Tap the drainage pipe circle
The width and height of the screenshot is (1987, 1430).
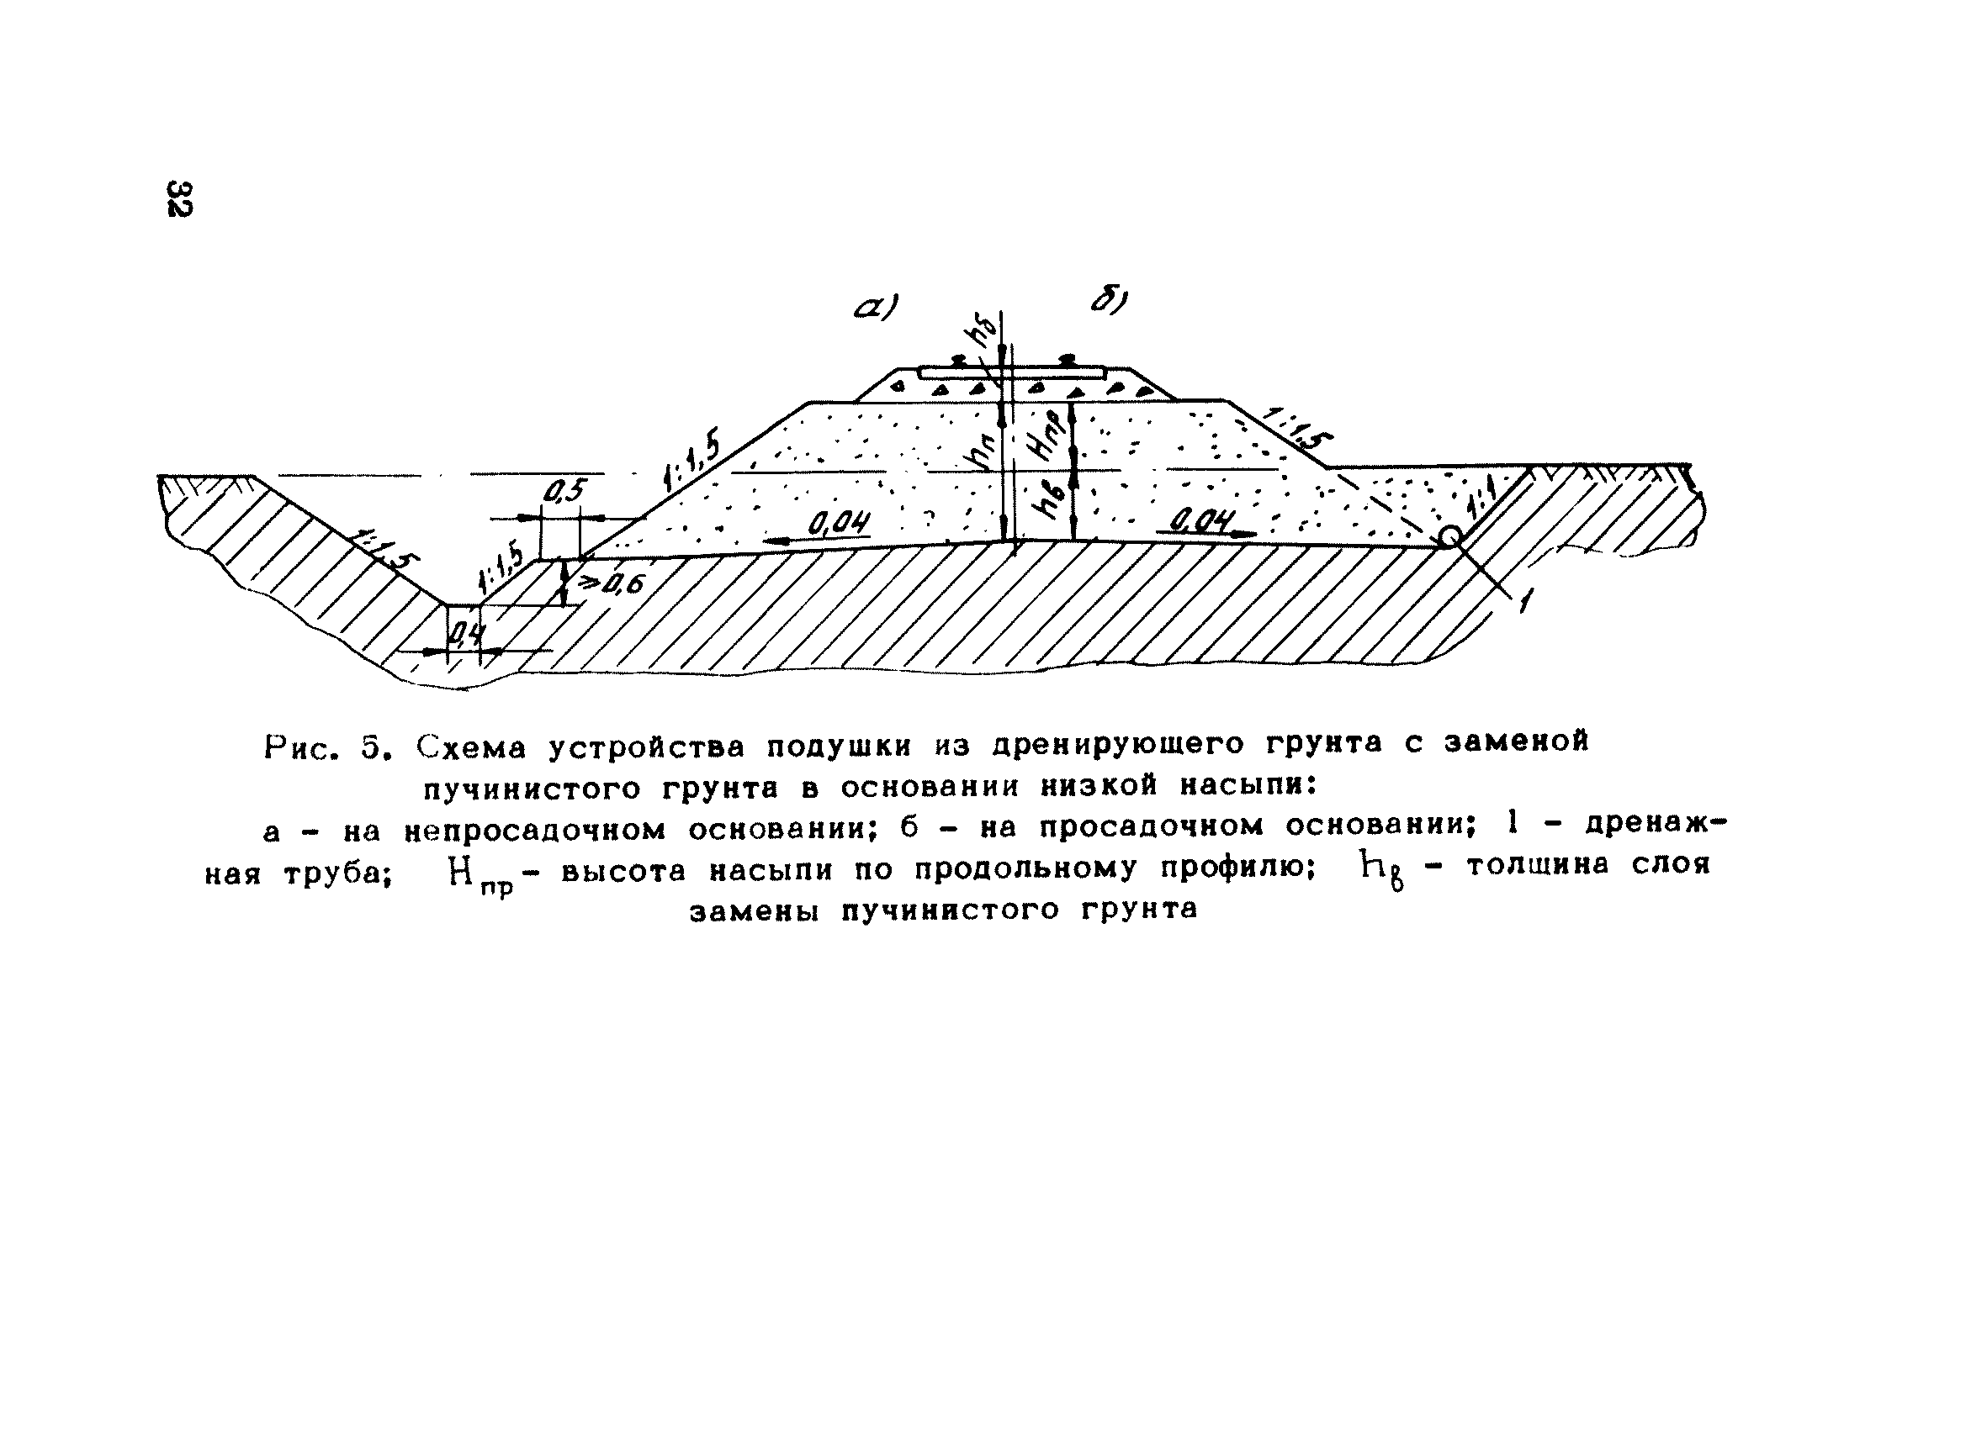pos(1449,536)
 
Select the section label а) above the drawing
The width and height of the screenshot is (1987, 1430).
pos(876,308)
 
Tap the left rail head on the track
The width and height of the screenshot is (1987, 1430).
pos(957,360)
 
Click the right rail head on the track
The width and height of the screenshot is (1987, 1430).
pos(1066,359)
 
